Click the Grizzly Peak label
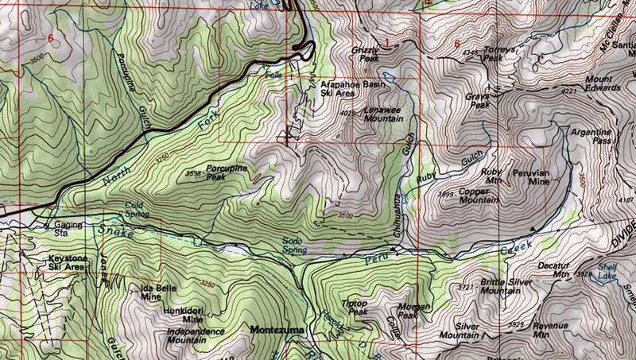coord(367,54)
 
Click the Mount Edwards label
coord(610,83)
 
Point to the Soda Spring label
coord(293,246)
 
